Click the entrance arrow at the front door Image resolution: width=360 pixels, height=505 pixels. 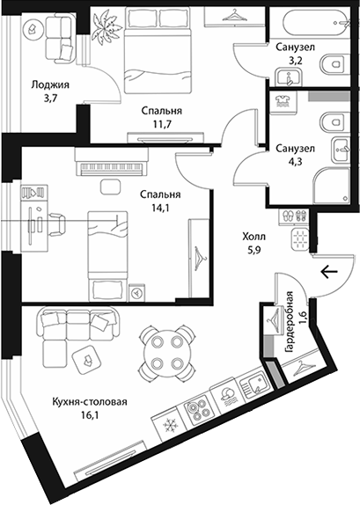point(329,272)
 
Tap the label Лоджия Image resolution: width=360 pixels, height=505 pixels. point(50,85)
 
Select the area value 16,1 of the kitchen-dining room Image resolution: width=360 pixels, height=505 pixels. point(90,415)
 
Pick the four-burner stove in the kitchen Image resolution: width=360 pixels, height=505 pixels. point(196,408)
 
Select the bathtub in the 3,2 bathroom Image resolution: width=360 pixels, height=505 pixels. point(317,23)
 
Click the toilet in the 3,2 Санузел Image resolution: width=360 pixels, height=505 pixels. point(334,65)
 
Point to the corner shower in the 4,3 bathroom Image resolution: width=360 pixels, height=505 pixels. point(331,185)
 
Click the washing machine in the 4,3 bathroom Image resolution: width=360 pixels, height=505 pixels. point(283,102)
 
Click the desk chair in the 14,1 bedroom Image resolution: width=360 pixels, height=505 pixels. point(57,223)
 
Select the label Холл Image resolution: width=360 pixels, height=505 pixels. point(254,237)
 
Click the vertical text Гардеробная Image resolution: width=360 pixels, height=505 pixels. point(290,322)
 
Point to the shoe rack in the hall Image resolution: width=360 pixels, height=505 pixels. point(292,216)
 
